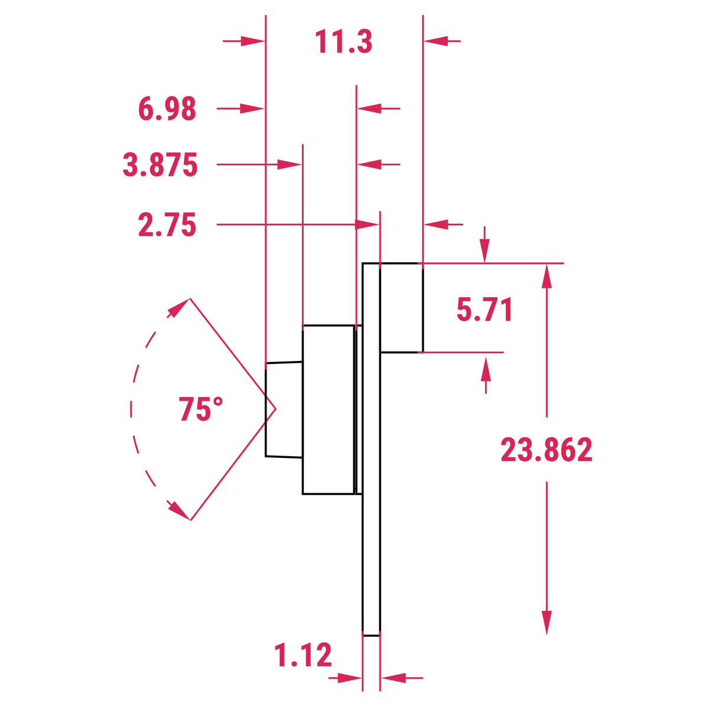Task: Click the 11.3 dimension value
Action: click(x=343, y=42)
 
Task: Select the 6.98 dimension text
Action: click(x=167, y=109)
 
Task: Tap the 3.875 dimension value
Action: click(x=160, y=165)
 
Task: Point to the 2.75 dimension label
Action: click(x=167, y=225)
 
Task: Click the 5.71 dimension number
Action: click(x=484, y=310)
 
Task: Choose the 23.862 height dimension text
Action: click(x=547, y=450)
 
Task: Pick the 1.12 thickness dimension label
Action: click(x=303, y=656)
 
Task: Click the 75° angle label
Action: click(x=201, y=409)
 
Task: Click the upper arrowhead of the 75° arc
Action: click(x=178, y=307)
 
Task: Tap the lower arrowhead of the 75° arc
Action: click(x=178, y=510)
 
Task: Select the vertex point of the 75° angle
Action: click(x=275, y=408)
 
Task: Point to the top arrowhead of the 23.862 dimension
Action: click(x=547, y=276)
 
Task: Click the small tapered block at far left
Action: click(x=284, y=409)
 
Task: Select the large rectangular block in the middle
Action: click(x=328, y=409)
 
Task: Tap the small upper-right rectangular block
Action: click(x=401, y=307)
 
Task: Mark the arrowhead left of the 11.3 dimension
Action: click(x=253, y=41)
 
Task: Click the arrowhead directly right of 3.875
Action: click(x=290, y=164)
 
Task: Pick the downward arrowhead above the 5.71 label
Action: click(x=484, y=251)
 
